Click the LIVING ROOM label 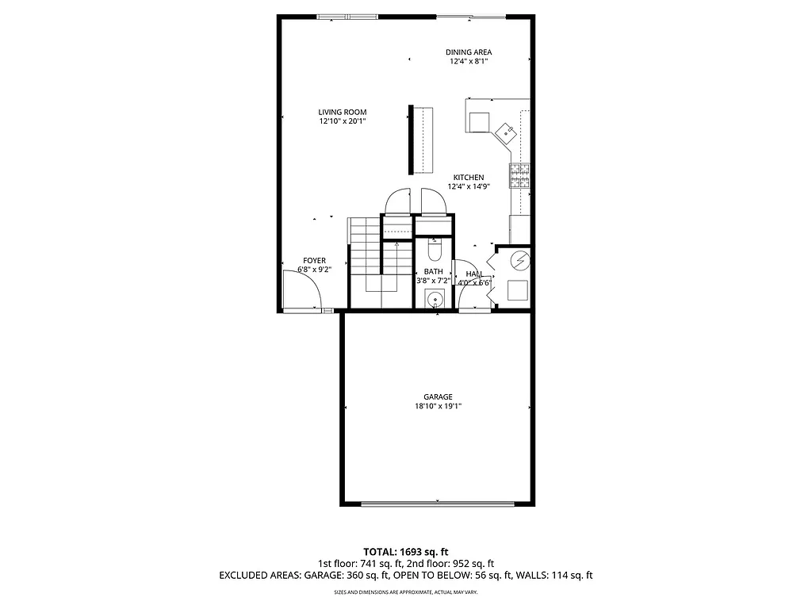coord(343,112)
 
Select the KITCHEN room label coord(469,178)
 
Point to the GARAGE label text coord(438,396)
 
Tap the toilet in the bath coord(434,250)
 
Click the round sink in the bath coord(434,300)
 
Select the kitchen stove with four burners coord(519,175)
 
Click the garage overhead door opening coord(438,503)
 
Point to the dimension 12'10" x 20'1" coord(343,121)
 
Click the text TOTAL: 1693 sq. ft coord(406,551)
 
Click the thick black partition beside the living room coord(411,140)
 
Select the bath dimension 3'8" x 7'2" coord(433,281)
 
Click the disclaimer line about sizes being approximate coord(406,592)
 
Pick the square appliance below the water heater coord(517,290)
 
